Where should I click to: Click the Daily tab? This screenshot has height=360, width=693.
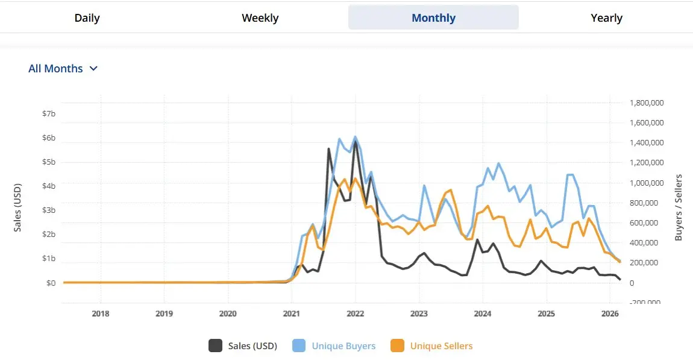point(87,18)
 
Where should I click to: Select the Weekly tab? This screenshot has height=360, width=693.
point(260,18)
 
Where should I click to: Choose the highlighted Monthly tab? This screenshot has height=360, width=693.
point(433,18)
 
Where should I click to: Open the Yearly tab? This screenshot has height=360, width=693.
point(606,18)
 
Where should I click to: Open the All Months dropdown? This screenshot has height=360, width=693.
point(63,69)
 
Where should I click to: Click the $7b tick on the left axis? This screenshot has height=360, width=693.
point(49,114)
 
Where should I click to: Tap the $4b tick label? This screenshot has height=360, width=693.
point(49,186)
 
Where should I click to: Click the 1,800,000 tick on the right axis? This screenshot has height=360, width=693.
point(647,103)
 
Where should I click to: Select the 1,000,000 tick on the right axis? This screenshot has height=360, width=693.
point(647,183)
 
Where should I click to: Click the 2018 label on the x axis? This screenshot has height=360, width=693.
point(101,314)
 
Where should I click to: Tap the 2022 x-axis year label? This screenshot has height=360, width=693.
point(355,314)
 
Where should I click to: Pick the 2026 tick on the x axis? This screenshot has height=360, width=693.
point(610,314)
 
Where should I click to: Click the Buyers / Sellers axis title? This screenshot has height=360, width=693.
point(679,208)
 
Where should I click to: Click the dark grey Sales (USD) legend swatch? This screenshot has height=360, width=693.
point(215,346)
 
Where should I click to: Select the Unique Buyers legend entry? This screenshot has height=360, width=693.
point(343,346)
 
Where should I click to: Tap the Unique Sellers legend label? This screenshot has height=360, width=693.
point(441,346)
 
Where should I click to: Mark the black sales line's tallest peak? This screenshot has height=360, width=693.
point(356,142)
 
